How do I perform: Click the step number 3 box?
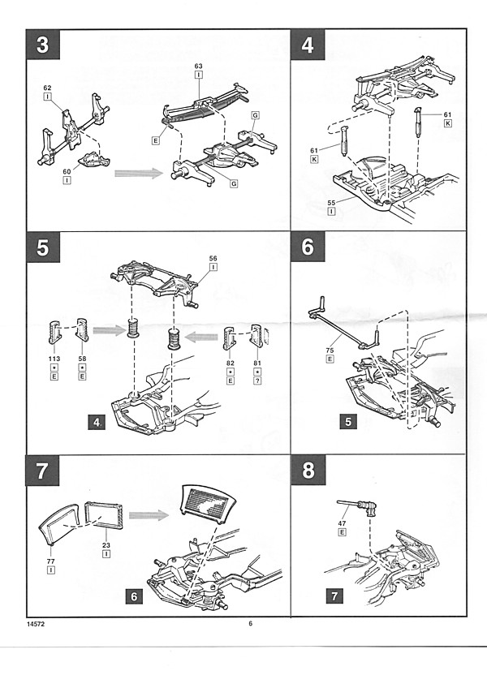point(41,45)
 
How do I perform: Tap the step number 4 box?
point(307,45)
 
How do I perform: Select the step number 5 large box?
point(41,247)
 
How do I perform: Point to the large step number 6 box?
point(307,247)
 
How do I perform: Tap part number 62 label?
point(47,87)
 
